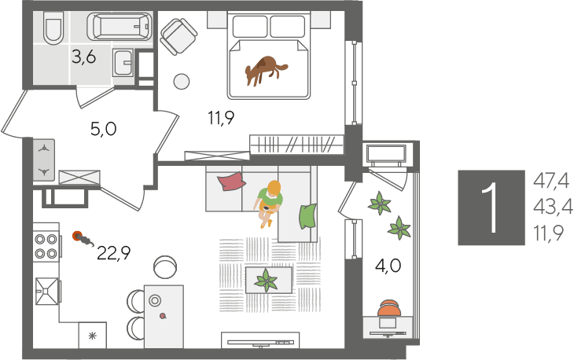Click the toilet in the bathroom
tap(53, 28)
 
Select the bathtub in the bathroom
tap(120, 27)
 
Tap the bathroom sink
tap(123, 63)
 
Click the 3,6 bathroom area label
tap(84, 57)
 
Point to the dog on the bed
tap(266, 71)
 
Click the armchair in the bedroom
tap(178, 37)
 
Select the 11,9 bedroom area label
tap(221, 118)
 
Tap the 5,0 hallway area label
tap(103, 129)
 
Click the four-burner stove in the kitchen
tap(46, 246)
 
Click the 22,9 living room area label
tap(114, 253)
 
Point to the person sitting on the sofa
tap(269, 203)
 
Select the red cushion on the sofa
tap(231, 182)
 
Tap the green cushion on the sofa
tap(308, 216)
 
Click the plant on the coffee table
tap(267, 281)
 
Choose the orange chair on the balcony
tap(388, 307)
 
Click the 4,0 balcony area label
tap(388, 266)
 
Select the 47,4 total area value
tap(551, 181)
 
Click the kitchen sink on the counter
tap(46, 291)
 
